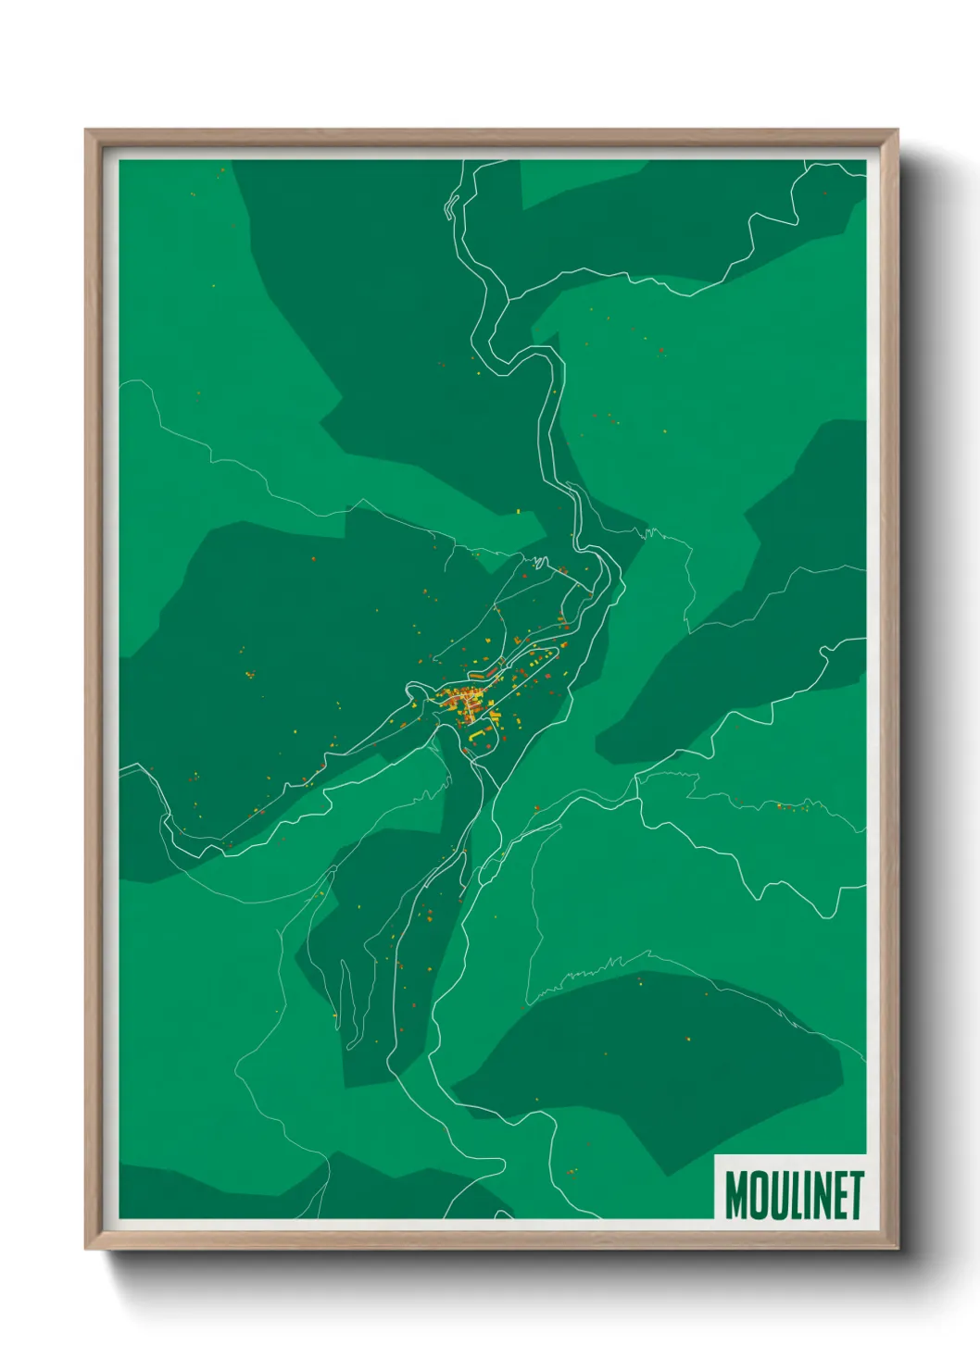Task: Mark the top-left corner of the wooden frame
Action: (87, 131)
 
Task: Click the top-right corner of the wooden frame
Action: (896, 131)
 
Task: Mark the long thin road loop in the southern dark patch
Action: (348, 1004)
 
